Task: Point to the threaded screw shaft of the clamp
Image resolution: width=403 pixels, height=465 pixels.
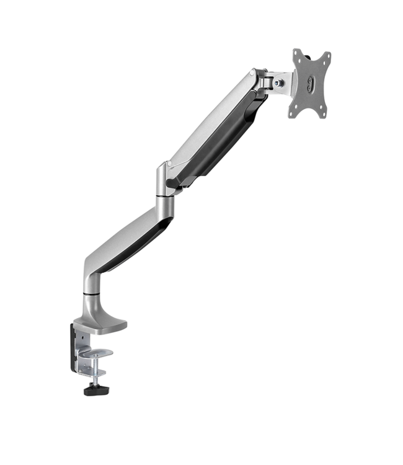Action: (95, 372)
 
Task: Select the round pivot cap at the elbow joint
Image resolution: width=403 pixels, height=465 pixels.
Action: (162, 169)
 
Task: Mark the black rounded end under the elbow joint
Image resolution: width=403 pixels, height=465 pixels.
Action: (173, 184)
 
